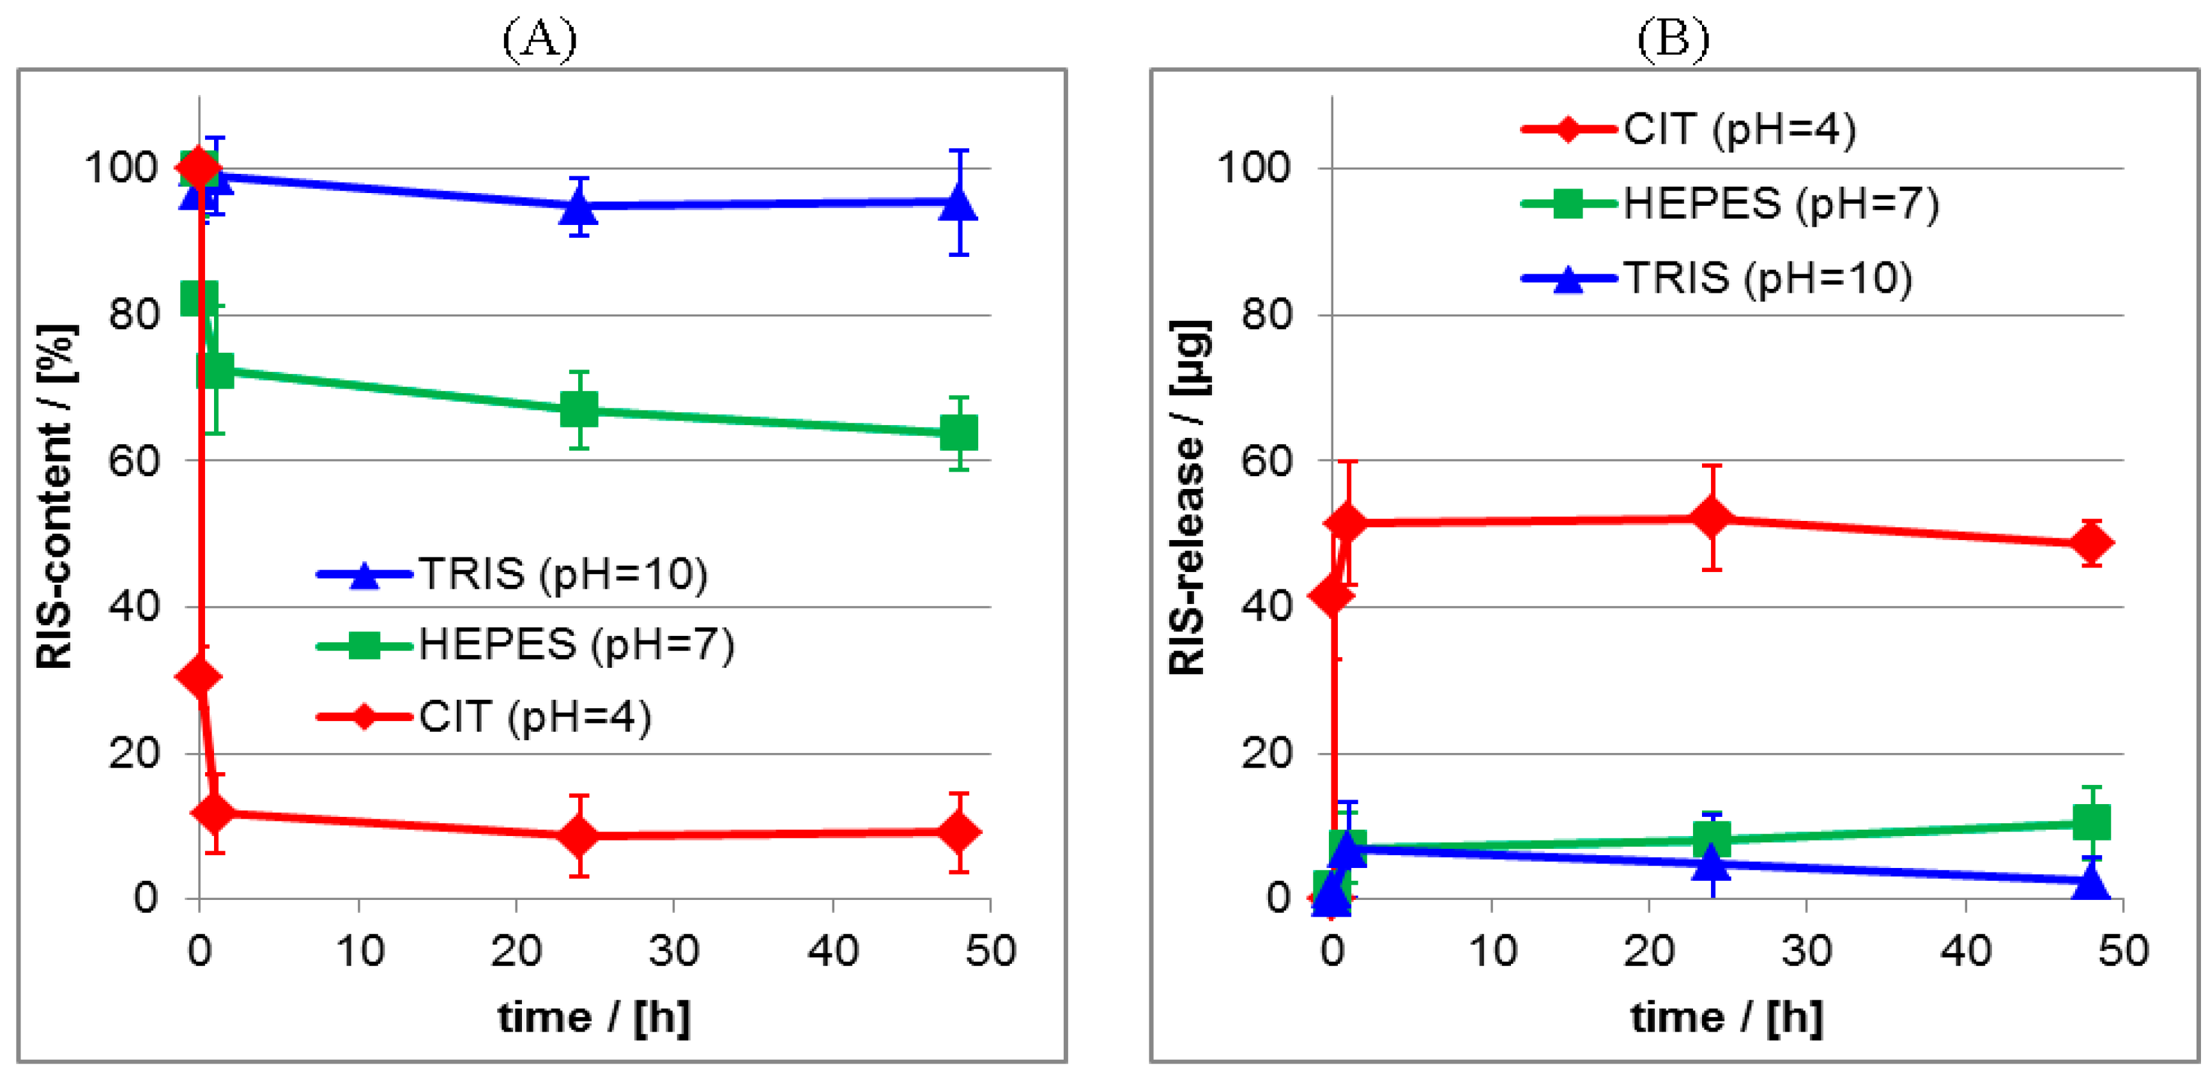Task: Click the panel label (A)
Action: click(x=539, y=38)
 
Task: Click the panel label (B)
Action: click(x=1672, y=38)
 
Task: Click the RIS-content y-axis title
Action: click(x=56, y=497)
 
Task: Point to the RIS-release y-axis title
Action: click(x=1190, y=497)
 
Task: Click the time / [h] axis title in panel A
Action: click(x=594, y=1018)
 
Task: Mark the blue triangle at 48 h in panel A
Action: click(x=958, y=204)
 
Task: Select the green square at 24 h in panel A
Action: click(x=579, y=410)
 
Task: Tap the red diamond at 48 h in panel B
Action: click(x=2092, y=543)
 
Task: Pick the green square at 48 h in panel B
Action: click(x=2092, y=823)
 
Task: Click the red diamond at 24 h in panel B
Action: click(x=1712, y=518)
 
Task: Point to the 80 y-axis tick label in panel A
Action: click(x=134, y=314)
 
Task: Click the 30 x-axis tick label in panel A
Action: click(x=674, y=952)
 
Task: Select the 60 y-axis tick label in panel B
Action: click(x=1267, y=461)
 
